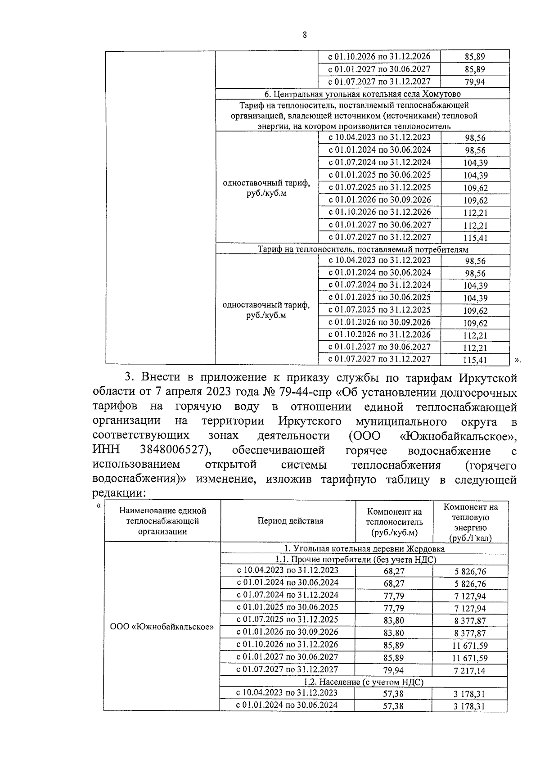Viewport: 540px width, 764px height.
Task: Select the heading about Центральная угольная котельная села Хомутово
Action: tap(362, 94)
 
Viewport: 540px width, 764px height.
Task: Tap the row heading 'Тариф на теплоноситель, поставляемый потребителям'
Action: tap(363, 249)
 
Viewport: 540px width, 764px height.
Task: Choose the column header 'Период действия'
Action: tap(290, 521)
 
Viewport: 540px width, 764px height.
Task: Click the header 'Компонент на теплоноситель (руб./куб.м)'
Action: tap(394, 522)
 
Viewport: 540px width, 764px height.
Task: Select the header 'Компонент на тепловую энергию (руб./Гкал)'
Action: tap(470, 522)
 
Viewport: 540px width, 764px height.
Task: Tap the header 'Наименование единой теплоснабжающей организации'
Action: tap(162, 521)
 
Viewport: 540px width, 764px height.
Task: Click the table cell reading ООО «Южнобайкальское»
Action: tap(162, 627)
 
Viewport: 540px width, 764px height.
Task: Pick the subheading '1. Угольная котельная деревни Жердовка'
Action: tap(364, 549)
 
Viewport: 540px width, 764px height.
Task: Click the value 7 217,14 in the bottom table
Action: tap(469, 670)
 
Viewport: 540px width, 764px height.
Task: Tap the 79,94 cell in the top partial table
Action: tap(474, 82)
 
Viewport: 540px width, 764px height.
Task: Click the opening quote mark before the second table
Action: tap(99, 505)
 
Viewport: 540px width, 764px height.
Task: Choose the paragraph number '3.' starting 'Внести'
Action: tap(130, 377)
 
